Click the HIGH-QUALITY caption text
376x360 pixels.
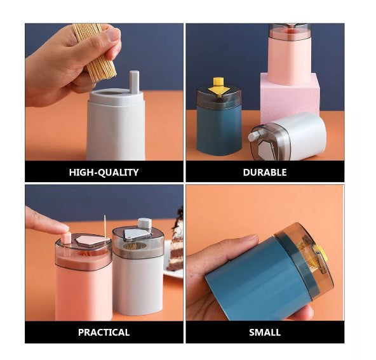point(104,173)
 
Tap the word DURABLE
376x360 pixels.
point(265,173)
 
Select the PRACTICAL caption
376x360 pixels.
point(104,333)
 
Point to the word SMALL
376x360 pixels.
point(265,333)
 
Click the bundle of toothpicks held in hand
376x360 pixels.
point(96,51)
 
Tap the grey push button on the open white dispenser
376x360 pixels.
point(134,82)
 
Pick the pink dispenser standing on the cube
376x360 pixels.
point(290,54)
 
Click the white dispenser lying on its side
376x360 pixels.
point(288,137)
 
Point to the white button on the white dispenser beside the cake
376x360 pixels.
point(145,223)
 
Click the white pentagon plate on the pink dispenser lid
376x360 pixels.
point(89,241)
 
